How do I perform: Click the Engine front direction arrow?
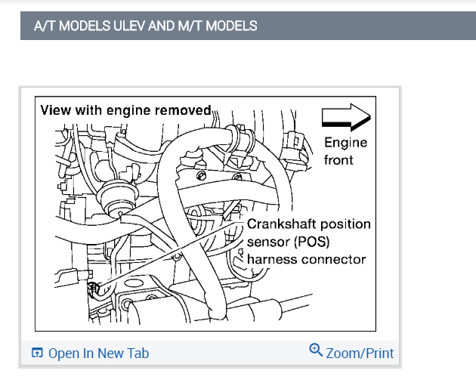click(346, 117)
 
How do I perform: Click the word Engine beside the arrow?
click(345, 143)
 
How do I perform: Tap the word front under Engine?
click(338, 159)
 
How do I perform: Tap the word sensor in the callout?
click(267, 242)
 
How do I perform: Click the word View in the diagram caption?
click(55, 110)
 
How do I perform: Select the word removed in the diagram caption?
click(184, 110)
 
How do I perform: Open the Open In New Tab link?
click(98, 353)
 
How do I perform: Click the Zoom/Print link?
click(360, 353)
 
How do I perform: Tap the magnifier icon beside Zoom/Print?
click(316, 350)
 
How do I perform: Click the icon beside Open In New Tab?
click(37, 353)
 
